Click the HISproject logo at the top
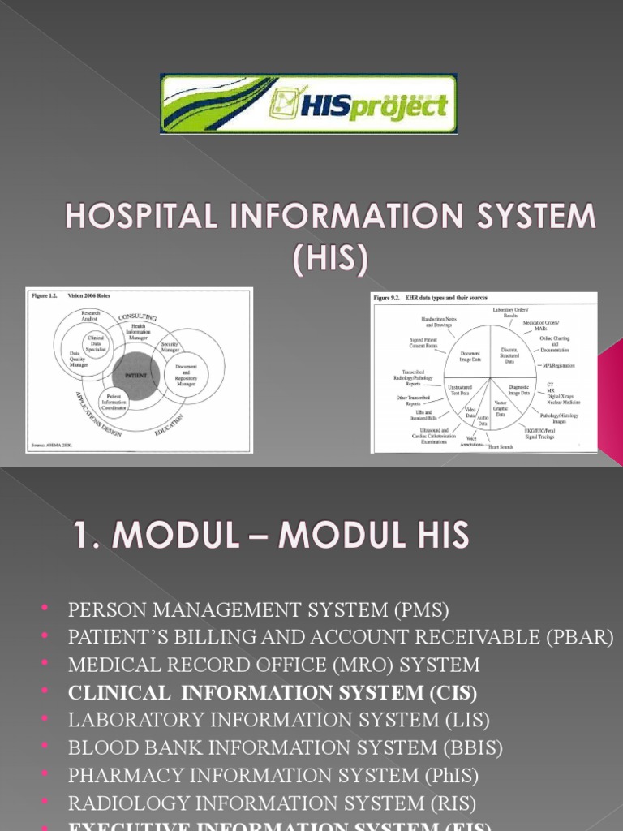(x=309, y=104)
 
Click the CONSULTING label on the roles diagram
(x=139, y=316)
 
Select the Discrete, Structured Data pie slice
(x=509, y=356)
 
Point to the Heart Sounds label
(x=501, y=446)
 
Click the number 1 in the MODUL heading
(x=81, y=536)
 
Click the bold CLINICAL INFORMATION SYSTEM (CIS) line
(x=273, y=693)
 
